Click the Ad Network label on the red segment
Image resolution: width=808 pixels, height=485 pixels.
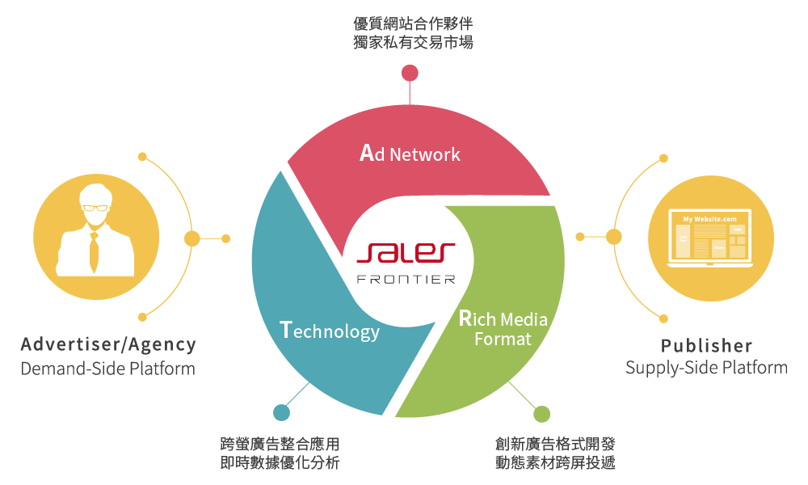(410, 154)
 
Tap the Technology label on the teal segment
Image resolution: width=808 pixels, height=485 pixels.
(329, 331)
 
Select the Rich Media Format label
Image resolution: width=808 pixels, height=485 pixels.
(503, 328)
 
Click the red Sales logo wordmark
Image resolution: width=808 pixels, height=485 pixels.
(406, 254)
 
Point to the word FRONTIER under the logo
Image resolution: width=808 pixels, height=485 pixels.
(406, 280)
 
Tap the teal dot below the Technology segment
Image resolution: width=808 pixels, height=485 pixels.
(281, 413)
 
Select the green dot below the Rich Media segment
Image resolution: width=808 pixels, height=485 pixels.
(541, 414)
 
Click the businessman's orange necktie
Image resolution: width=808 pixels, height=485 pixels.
(95, 251)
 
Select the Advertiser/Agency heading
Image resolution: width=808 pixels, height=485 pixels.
(108, 345)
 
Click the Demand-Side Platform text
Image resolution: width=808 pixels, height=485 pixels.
(108, 369)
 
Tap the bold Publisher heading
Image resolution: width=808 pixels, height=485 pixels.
(706, 346)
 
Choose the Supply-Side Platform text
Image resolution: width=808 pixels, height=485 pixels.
(706, 369)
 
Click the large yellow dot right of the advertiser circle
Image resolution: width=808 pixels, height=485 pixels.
(192, 238)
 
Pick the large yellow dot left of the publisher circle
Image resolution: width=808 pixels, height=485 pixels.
(614, 237)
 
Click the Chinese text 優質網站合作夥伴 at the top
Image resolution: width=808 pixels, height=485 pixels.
(413, 23)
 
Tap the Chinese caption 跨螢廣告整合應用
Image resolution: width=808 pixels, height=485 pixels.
(280, 444)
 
